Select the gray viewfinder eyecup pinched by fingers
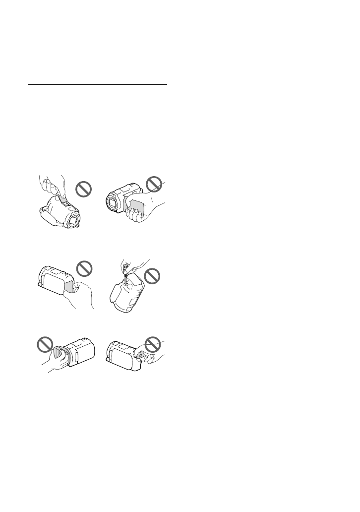coord(140,356)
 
